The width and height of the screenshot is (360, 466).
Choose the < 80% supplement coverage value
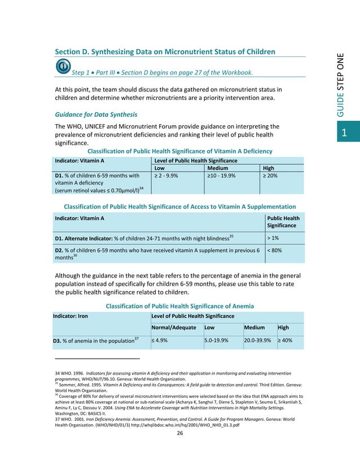[276, 250]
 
